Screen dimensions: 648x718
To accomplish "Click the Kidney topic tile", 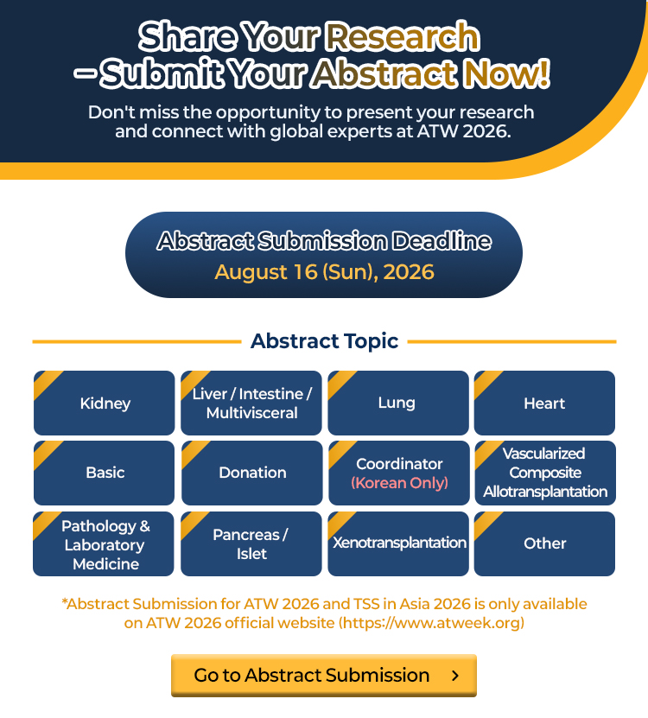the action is (x=104, y=403).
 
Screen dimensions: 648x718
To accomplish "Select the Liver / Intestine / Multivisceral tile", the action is (x=251, y=403).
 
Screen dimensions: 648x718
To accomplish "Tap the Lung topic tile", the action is (x=398, y=403).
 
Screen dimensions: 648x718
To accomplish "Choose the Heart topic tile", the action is (x=544, y=403).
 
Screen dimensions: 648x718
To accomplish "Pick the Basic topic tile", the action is (x=104, y=473).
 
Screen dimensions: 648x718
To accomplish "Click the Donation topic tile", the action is (x=252, y=473).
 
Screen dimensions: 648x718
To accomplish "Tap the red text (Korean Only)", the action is (x=399, y=483).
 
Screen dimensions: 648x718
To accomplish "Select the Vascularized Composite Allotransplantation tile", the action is (x=545, y=473).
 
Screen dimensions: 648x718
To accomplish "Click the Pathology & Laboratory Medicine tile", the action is (x=104, y=544).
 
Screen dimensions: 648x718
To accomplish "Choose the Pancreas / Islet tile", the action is (x=251, y=544).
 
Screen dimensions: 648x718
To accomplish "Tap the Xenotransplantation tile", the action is (x=398, y=544).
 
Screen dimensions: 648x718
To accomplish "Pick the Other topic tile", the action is (x=544, y=544).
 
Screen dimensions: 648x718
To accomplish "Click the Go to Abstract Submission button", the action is (x=324, y=676).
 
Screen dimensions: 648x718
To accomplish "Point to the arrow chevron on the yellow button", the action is (x=455, y=676).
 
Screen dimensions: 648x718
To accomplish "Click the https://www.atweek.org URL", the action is (x=431, y=623).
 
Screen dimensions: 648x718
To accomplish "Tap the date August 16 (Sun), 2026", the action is (x=324, y=272).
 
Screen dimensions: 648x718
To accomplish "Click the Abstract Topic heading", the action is (x=324, y=341).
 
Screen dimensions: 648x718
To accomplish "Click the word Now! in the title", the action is (x=506, y=73).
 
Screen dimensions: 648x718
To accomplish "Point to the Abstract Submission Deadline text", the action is (x=324, y=241).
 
